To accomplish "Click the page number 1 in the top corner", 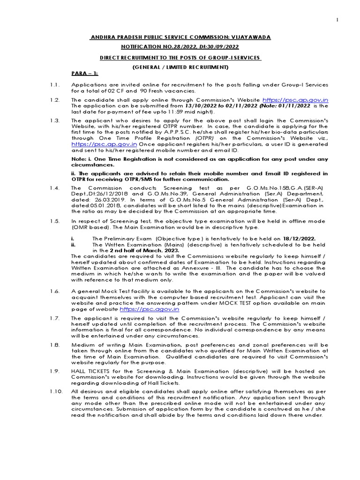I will [x=349, y=19].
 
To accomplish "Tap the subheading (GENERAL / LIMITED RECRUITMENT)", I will [x=180, y=67].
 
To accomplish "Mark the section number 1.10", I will [x=56, y=391].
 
